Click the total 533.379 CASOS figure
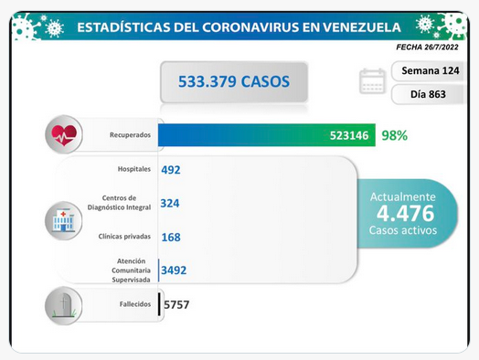click(x=234, y=81)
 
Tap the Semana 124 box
click(x=429, y=71)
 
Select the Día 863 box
click(x=428, y=94)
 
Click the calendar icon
click(x=372, y=81)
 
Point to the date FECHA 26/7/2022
click(x=428, y=47)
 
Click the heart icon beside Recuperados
click(x=64, y=134)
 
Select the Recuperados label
click(x=130, y=134)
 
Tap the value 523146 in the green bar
click(x=349, y=135)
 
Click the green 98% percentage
click(x=394, y=135)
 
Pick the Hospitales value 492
click(x=171, y=170)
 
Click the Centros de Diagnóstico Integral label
click(x=119, y=203)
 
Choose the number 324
click(x=170, y=204)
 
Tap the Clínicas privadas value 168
click(x=171, y=238)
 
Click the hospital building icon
click(x=64, y=220)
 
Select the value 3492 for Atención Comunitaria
click(x=174, y=270)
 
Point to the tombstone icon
click(x=64, y=305)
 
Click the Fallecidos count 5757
click(x=176, y=304)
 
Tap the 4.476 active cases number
click(x=405, y=213)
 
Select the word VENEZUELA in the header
click(x=362, y=27)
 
